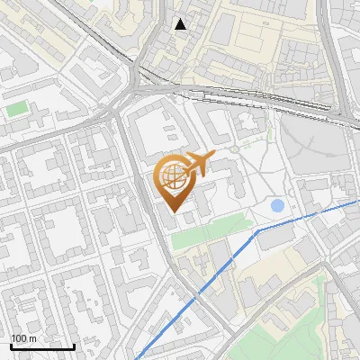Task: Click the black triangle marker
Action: [181, 24]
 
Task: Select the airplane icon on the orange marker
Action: [198, 163]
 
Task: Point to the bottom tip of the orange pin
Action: [174, 211]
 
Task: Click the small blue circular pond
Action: [277, 206]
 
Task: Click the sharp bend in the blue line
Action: [258, 230]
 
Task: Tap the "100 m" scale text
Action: [23, 338]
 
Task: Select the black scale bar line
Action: [42, 346]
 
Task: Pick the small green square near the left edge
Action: [17, 109]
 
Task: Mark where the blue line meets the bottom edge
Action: [137, 358]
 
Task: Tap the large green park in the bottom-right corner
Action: [297, 324]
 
